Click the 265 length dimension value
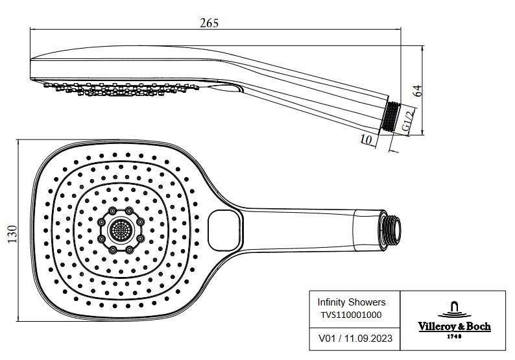pos(210,23)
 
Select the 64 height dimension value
pos(418,90)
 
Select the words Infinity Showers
pos(351,302)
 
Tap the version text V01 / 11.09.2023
pos(355,338)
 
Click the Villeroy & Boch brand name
pos(453,326)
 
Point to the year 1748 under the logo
pos(453,336)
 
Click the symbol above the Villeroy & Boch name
pos(453,307)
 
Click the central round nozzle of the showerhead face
pos(119,230)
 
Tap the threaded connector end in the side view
pos(391,117)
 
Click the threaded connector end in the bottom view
pos(391,228)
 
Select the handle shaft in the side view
pos(311,97)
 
